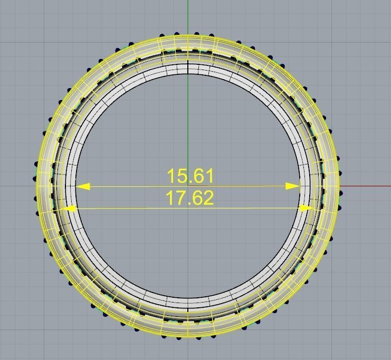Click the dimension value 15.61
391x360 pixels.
coord(190,176)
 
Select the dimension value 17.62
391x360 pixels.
coord(190,198)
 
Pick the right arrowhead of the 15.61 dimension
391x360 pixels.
coord(293,186)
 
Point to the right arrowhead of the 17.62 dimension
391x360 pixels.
coord(306,209)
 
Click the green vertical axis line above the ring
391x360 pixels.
coord(188,16)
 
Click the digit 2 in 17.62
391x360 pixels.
coord(208,198)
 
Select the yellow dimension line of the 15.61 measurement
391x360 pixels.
coord(132,186)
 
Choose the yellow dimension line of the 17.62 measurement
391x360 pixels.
coord(132,209)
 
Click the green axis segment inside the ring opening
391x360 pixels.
coord(188,127)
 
